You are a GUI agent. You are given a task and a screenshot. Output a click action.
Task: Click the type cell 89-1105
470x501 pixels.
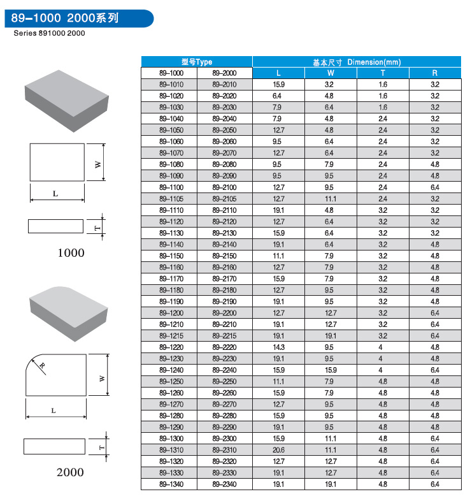(170, 199)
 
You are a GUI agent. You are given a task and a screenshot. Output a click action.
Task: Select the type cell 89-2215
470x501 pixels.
(224, 336)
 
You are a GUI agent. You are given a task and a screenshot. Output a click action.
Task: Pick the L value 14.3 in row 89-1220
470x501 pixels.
(278, 347)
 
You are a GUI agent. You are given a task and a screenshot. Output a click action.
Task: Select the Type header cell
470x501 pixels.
(196, 62)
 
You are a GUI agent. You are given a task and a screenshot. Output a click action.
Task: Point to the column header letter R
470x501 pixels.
(435, 73)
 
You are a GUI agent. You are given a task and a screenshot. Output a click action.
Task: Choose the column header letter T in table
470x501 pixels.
(383, 73)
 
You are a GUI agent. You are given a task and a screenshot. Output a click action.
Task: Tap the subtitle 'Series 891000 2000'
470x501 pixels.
(49, 33)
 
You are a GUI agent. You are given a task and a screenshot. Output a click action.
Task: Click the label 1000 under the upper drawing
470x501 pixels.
(71, 253)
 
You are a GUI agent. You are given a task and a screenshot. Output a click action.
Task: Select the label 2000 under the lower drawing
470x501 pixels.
(70, 472)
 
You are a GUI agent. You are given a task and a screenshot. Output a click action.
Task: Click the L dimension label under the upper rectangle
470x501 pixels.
(55, 194)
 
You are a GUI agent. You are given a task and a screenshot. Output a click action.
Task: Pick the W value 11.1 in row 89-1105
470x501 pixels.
(330, 199)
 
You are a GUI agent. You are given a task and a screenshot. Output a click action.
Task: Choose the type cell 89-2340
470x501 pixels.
(224, 485)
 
